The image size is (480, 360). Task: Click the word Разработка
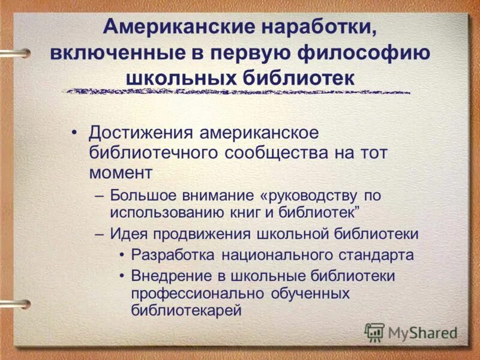173,254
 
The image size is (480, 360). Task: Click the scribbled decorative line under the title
238,91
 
